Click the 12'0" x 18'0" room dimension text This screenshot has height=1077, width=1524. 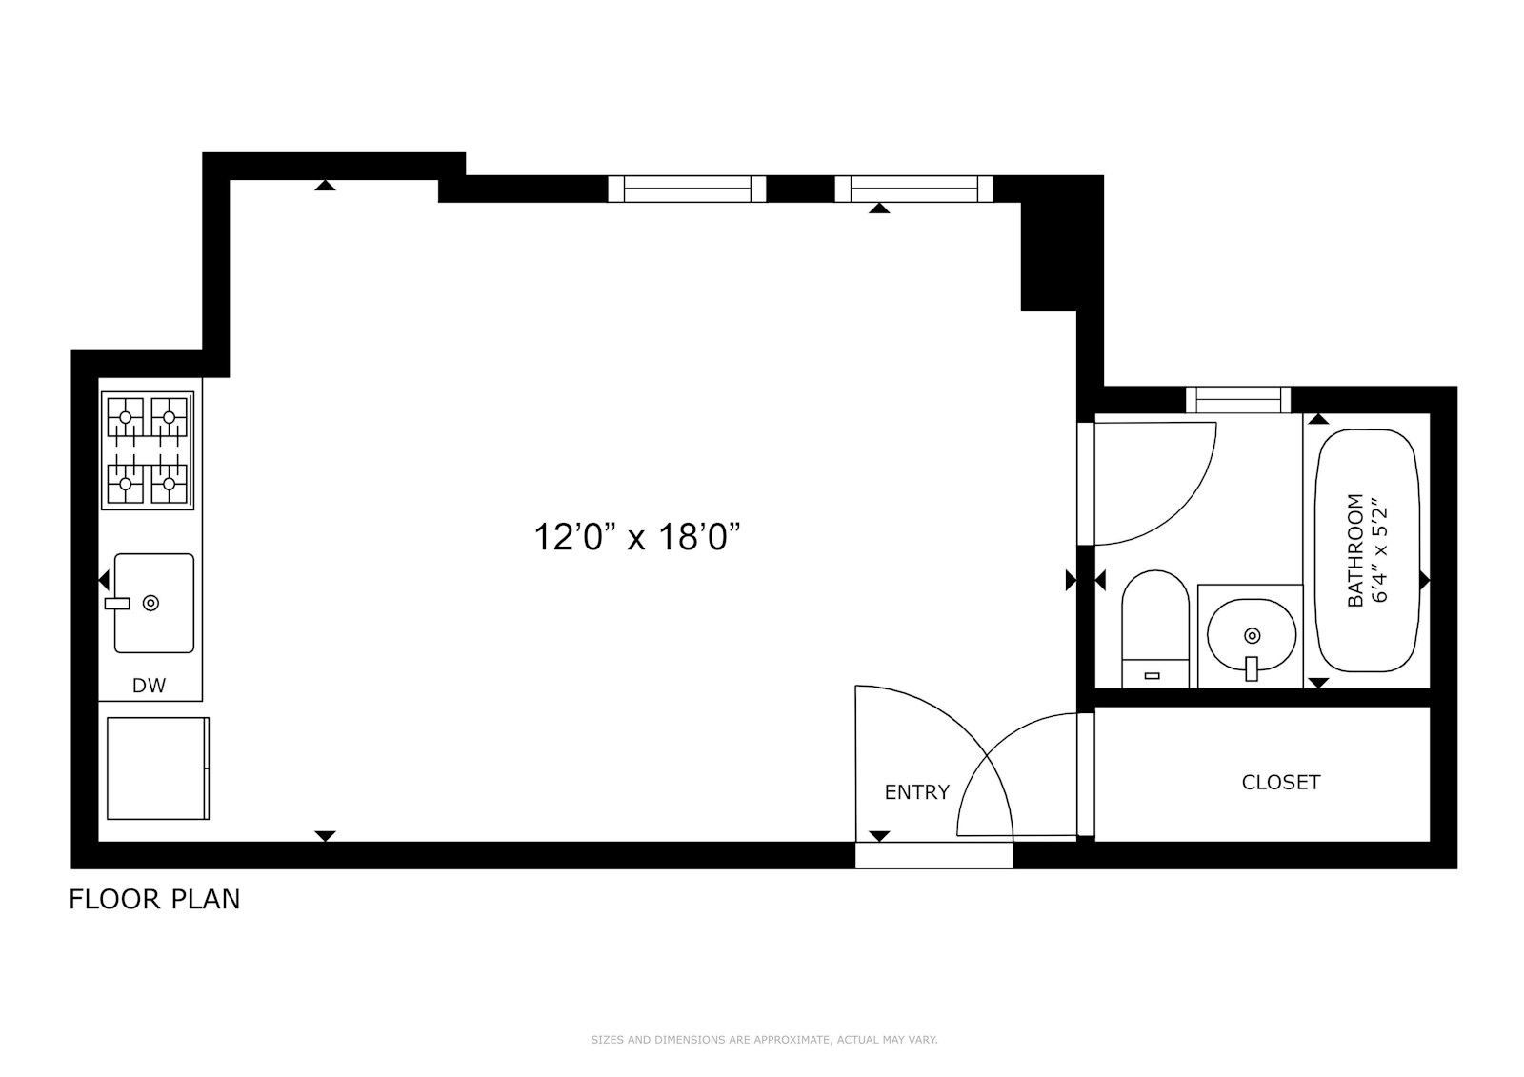point(636,538)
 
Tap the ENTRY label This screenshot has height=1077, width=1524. point(916,792)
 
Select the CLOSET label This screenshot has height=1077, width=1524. point(1280,783)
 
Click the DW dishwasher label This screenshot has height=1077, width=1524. point(149,685)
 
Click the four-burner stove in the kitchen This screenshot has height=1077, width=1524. point(148,450)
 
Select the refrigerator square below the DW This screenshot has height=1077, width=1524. point(157,768)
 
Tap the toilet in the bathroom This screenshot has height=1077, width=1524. point(1154,628)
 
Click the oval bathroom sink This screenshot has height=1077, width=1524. point(1252,635)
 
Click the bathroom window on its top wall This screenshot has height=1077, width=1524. point(1237,399)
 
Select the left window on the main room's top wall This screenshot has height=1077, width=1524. point(687,189)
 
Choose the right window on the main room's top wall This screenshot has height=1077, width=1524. point(913,189)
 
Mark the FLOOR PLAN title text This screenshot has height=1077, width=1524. point(154,899)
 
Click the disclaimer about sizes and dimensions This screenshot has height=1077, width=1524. point(764,1040)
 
